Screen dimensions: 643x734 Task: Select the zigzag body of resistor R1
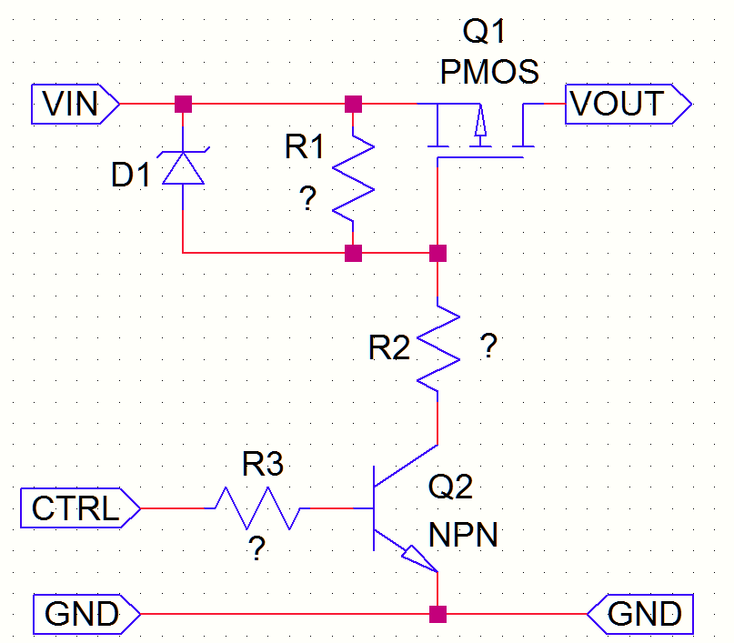point(354,176)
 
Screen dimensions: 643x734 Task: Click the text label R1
point(304,147)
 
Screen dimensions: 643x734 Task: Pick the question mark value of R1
point(308,201)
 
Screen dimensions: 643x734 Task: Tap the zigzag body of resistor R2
point(438,347)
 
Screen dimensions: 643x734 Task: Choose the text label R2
point(389,348)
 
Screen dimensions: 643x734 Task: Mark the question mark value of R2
point(488,347)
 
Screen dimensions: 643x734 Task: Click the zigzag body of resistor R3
point(257,508)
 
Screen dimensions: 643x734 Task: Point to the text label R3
point(262,466)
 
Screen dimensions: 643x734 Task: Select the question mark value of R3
point(257,549)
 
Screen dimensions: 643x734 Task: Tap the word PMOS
point(489,72)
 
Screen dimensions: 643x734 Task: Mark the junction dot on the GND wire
point(438,615)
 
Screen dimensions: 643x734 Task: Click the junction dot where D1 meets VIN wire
point(184,105)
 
